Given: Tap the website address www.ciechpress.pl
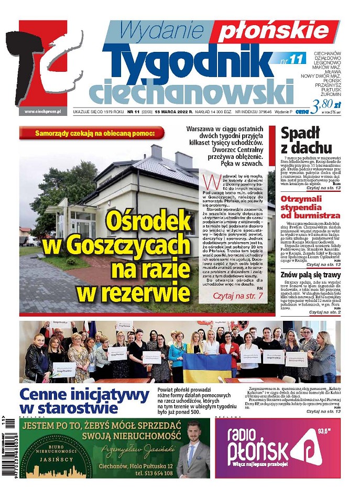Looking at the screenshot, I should coord(42,112).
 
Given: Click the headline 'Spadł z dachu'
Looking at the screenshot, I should coord(307,140).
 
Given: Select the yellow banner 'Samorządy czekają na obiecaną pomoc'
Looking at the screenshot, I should coord(95,133).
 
